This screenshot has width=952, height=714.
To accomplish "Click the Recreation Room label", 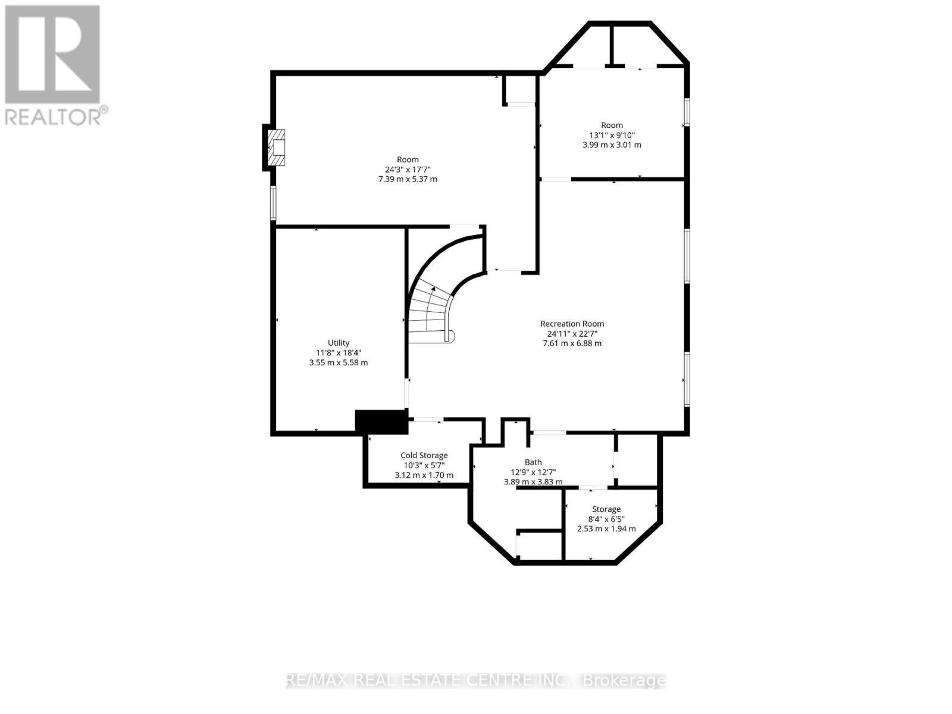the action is [x=572, y=324].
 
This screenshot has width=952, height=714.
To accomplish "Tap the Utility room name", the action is [x=339, y=343].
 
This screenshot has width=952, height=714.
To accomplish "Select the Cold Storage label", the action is [x=424, y=455].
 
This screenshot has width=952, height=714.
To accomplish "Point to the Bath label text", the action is [x=533, y=462].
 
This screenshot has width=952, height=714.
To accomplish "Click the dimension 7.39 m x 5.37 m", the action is [x=408, y=179].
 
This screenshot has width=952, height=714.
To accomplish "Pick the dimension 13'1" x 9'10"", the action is [x=612, y=135].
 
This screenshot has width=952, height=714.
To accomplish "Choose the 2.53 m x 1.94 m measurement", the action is [x=606, y=528].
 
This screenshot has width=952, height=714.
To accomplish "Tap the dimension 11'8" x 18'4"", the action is [x=339, y=352].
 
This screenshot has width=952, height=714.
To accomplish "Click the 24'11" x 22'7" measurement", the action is [x=572, y=333].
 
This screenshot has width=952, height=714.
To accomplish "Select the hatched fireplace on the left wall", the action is [x=276, y=148].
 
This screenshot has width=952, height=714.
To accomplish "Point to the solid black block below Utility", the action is [x=381, y=421].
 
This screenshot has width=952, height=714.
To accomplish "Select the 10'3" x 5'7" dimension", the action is [x=424, y=465].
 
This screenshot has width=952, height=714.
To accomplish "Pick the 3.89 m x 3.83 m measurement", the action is [x=533, y=481].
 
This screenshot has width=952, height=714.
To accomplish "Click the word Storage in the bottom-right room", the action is [x=606, y=509].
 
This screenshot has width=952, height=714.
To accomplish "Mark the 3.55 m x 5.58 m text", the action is [x=339, y=362].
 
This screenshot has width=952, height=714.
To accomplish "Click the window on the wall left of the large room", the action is [x=273, y=203].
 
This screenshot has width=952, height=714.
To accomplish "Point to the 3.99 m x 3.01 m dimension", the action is [x=612, y=145].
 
